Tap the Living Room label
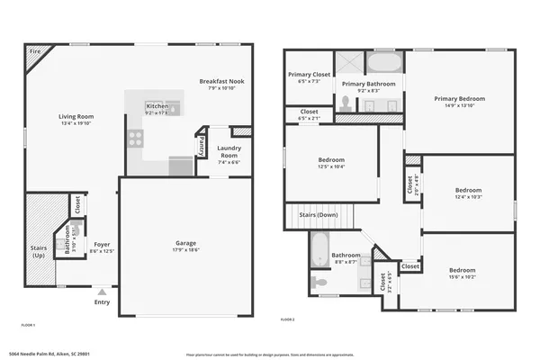click(x=76, y=116)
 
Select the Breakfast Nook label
click(x=221, y=81)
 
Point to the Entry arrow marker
click(x=103, y=292)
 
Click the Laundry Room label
click(x=229, y=149)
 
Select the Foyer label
click(x=102, y=244)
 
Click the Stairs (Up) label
click(x=38, y=253)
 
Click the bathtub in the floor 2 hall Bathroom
click(x=319, y=249)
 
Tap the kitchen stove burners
click(x=135, y=138)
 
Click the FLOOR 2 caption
click(x=287, y=319)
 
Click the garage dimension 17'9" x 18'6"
click(x=186, y=249)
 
